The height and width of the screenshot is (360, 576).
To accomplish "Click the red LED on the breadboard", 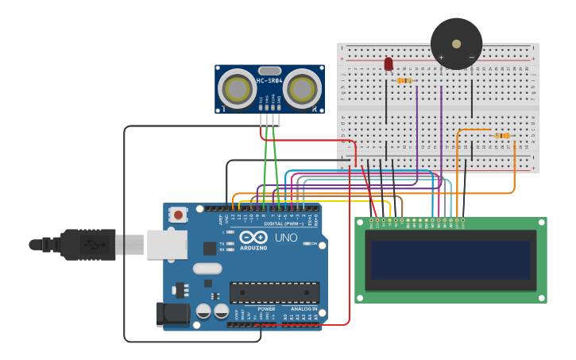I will (x=389, y=64).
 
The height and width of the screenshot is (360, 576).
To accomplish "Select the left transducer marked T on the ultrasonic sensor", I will (x=236, y=89).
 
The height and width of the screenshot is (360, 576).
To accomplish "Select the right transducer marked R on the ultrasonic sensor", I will (x=303, y=89).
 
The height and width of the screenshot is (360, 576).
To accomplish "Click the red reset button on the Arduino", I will (x=179, y=215).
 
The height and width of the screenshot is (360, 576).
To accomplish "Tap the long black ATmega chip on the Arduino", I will (x=274, y=292).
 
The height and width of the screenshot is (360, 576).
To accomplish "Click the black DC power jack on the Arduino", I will (x=173, y=315).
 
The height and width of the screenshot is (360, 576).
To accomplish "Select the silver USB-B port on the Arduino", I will (x=165, y=244).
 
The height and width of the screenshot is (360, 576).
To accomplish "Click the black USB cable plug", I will (x=87, y=244).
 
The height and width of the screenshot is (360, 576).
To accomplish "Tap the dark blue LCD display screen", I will (x=450, y=260).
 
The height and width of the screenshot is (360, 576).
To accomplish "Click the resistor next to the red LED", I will (x=404, y=80).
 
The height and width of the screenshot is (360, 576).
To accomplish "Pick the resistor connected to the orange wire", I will (x=502, y=136).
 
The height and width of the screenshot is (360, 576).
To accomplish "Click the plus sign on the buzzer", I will (x=441, y=57).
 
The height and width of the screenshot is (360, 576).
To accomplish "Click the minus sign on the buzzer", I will (x=471, y=57).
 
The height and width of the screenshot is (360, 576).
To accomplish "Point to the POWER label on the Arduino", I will (x=266, y=308).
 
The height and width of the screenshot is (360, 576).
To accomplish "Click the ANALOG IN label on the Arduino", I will (x=303, y=308).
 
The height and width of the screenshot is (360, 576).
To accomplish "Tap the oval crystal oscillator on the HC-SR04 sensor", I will (x=269, y=71).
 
